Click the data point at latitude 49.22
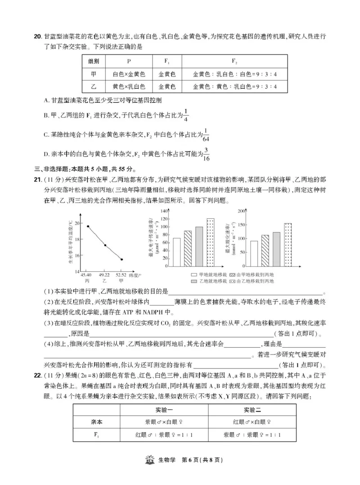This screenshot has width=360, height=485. pyautogui.click(x=105, y=245)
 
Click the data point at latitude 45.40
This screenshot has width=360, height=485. pyautogui.click(x=88, y=226)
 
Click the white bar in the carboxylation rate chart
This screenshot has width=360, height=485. pyautogui.click(x=254, y=254)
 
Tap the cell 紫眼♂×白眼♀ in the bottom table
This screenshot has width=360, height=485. pyautogui.click(x=164, y=422)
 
